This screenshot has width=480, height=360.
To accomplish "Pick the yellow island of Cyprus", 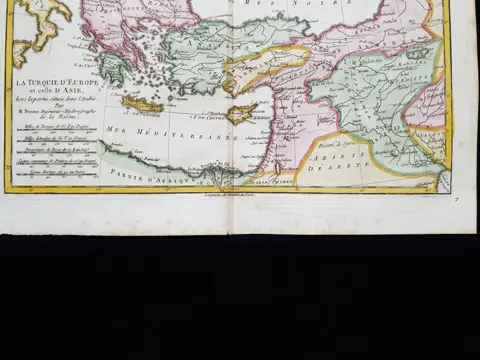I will pos(240,112).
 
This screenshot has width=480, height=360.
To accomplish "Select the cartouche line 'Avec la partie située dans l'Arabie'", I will pos(60,99).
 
